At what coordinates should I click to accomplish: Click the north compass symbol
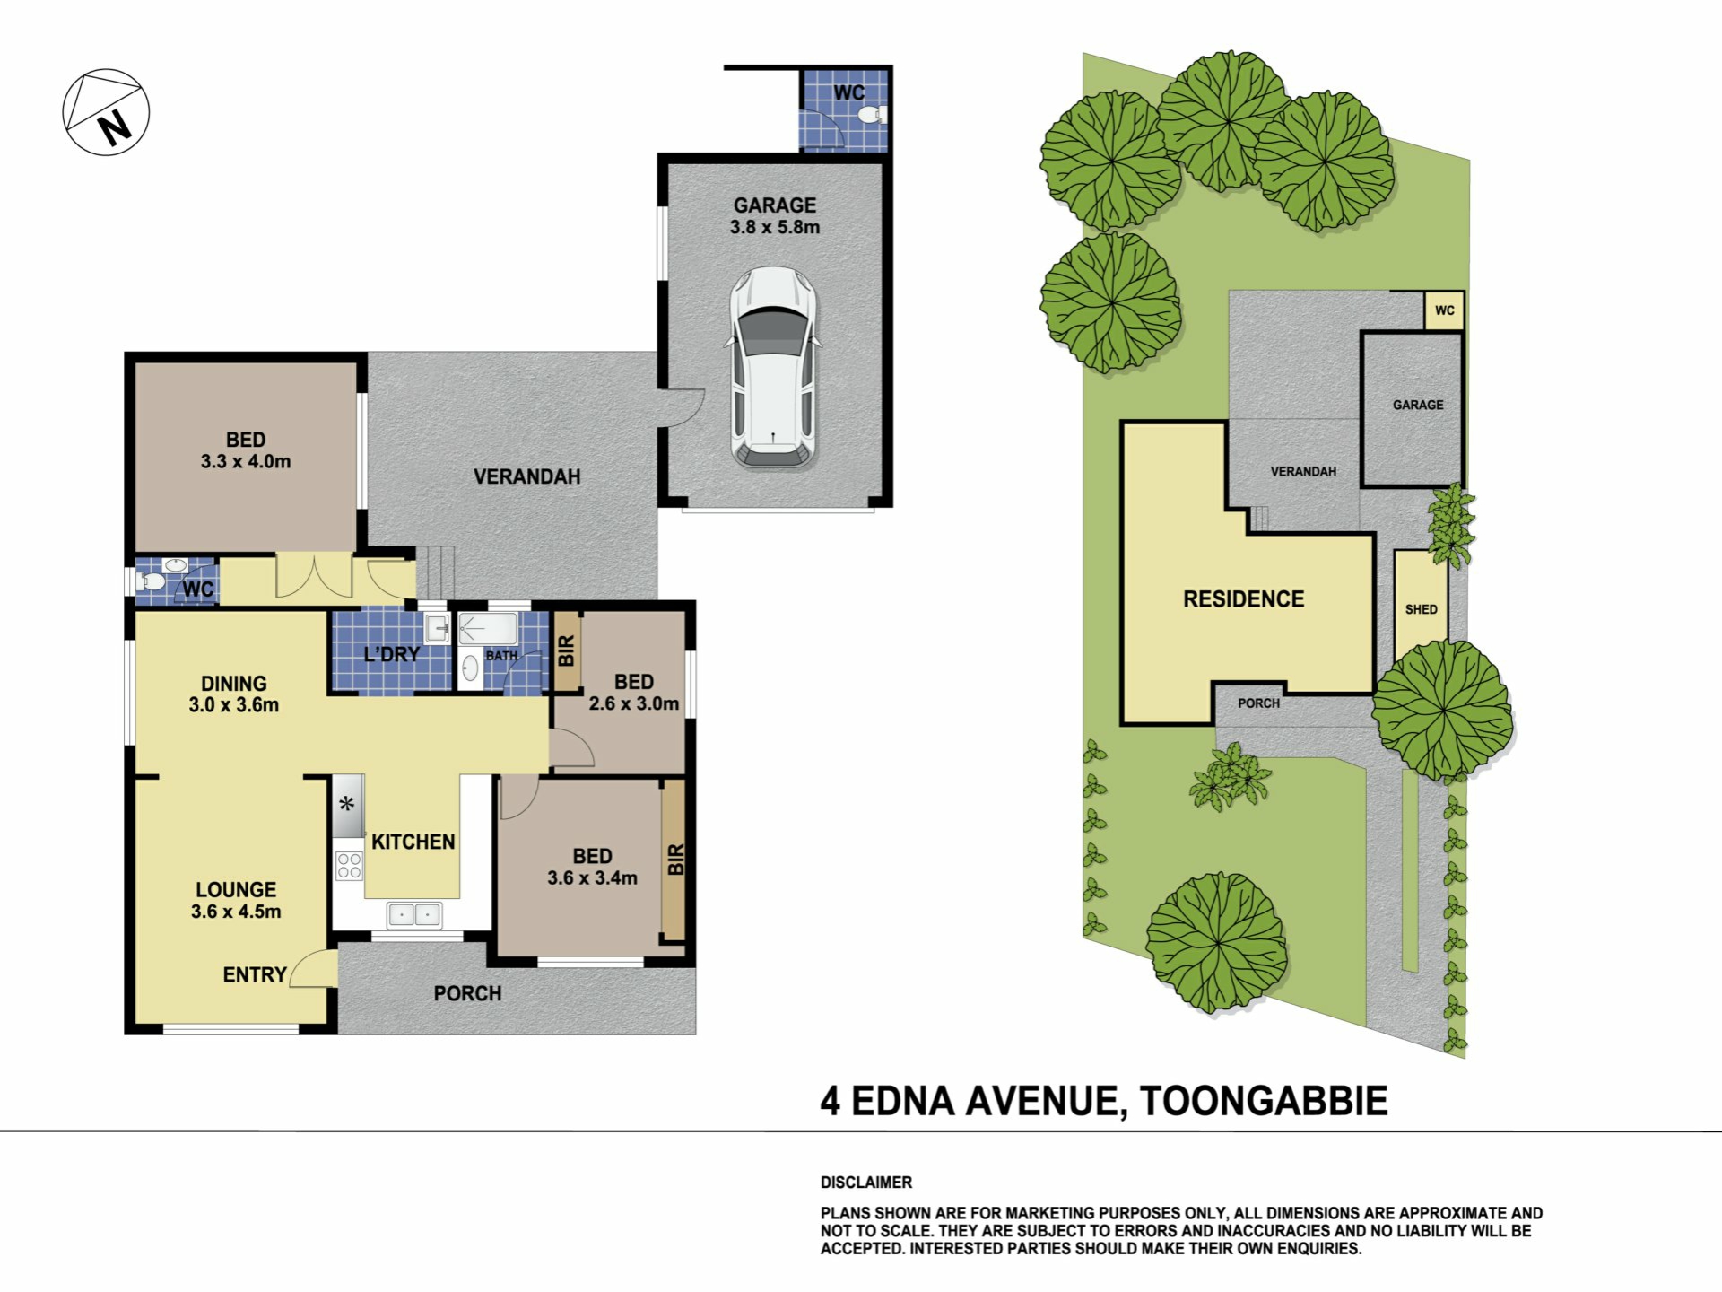(x=106, y=112)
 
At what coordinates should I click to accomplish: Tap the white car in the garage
(x=773, y=368)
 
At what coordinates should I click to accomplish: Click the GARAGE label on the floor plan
(x=775, y=205)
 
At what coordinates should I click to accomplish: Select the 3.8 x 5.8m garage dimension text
(x=775, y=227)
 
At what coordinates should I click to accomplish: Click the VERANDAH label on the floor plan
(x=527, y=476)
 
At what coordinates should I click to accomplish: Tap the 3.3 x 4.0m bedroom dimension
(x=246, y=462)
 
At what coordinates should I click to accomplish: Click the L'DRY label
(x=392, y=654)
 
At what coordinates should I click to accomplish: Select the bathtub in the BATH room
(x=489, y=628)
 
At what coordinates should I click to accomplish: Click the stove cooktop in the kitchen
(x=349, y=866)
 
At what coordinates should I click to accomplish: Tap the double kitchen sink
(x=414, y=915)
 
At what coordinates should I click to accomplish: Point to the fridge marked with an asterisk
(x=348, y=805)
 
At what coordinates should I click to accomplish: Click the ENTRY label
(x=255, y=974)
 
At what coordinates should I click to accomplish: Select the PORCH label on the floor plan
(x=467, y=993)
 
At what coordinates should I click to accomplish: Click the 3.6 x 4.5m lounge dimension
(x=236, y=912)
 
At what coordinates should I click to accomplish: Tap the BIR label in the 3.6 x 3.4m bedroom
(x=676, y=860)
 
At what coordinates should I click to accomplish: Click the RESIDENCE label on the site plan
(x=1244, y=599)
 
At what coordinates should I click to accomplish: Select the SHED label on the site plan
(x=1422, y=609)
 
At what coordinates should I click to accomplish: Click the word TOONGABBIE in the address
(x=1264, y=1101)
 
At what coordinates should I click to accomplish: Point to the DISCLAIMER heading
(x=866, y=1183)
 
